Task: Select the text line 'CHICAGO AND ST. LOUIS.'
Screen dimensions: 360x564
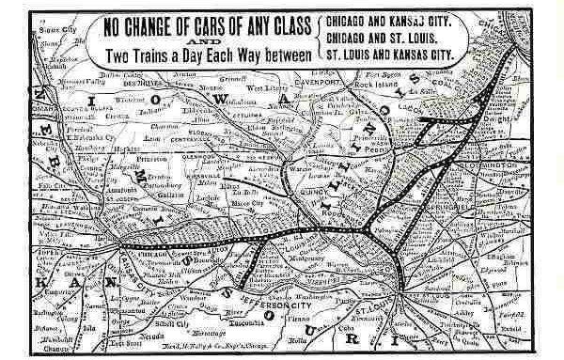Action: coord(388,37)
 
